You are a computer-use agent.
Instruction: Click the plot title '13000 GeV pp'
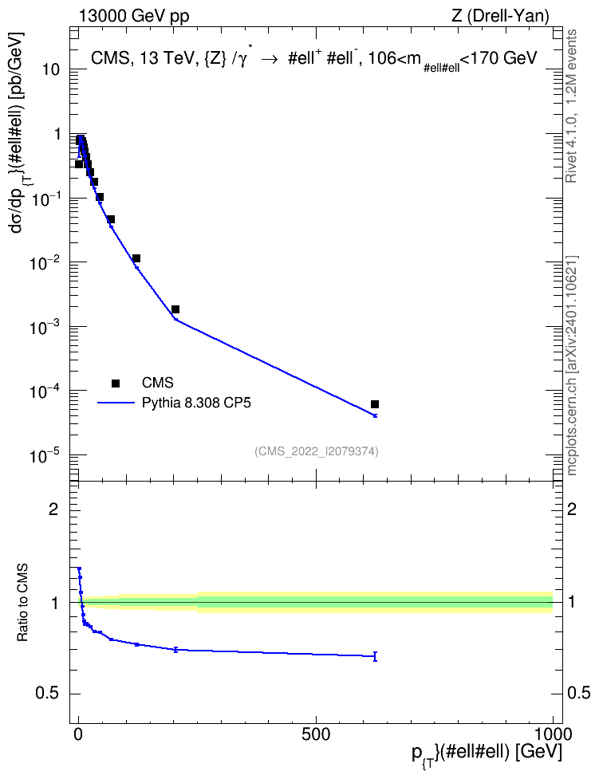coord(133,16)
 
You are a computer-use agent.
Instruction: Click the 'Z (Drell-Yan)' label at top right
coord(500,16)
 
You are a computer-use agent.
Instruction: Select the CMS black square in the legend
coord(115,383)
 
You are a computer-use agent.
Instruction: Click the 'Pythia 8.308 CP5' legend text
coord(196,403)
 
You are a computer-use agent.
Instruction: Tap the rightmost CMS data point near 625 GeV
coord(375,404)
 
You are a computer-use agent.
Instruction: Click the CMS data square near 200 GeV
coord(175,309)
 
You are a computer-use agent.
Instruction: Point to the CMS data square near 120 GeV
coord(136,258)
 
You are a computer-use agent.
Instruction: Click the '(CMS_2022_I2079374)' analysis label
coord(317,451)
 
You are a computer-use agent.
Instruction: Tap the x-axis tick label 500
coord(316,734)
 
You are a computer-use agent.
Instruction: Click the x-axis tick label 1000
coord(553,734)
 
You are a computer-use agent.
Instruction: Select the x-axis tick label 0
coord(78,734)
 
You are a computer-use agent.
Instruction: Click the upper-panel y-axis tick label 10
coord(51,69)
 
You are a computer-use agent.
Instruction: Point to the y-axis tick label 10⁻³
coord(46,326)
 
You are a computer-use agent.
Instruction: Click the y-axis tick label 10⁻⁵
coord(46,454)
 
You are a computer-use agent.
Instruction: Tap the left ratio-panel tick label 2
coord(53,509)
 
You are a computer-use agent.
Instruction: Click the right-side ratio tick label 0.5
coord(579,694)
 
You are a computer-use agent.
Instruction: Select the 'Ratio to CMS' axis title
coord(22,603)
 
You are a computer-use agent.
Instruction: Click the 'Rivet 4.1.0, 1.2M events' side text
coord(571,106)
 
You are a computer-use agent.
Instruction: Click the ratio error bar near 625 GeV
coord(375,656)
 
